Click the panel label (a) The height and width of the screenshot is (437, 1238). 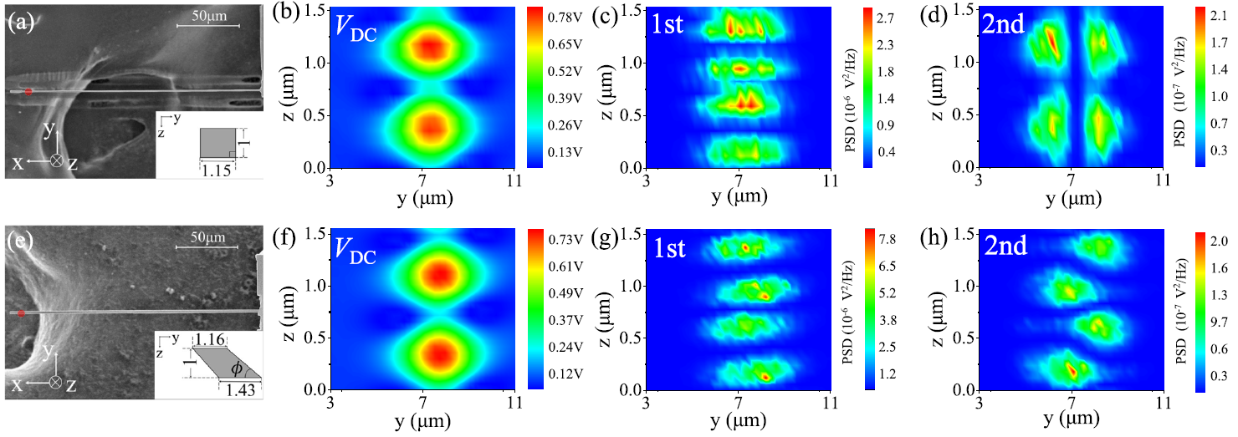[19, 22]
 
